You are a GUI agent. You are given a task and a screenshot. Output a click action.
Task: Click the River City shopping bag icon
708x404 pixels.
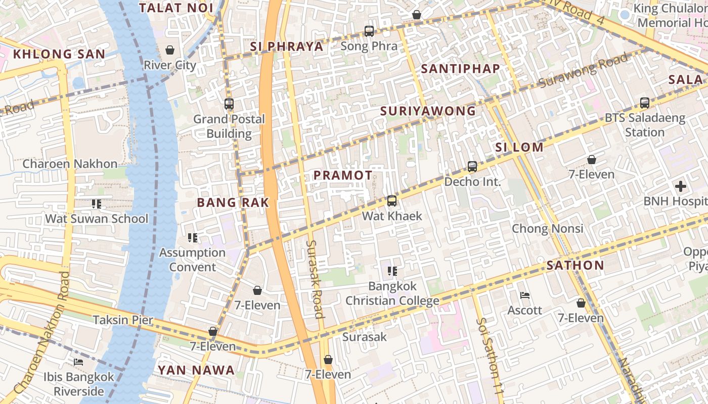tap(170, 50)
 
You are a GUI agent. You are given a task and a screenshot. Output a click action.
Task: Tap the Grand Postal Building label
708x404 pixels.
tap(229, 126)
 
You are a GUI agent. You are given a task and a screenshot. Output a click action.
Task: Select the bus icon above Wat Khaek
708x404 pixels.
tap(391, 201)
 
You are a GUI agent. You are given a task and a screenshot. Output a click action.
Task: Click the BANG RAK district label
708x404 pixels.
tap(233, 203)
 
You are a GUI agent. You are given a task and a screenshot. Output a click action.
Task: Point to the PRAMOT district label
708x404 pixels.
tap(343, 175)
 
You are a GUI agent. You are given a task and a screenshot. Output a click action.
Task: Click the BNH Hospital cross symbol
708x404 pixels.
tap(681, 186)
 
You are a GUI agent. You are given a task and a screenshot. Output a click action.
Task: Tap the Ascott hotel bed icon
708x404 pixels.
tap(525, 295)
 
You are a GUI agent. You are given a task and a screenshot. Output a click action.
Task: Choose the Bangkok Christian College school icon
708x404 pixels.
tap(392, 271)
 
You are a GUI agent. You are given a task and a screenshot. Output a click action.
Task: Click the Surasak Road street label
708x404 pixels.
tap(315, 279)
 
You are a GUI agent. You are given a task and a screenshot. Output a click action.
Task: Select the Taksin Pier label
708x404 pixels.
tap(123, 320)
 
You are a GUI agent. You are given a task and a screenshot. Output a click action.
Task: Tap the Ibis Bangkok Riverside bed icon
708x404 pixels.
tap(78, 362)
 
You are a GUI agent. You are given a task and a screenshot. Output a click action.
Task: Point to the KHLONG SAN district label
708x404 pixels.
tap(59, 54)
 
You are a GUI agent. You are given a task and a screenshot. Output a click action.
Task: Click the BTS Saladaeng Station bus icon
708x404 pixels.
tap(645, 103)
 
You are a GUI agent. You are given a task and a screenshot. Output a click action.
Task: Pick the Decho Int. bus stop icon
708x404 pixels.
tap(472, 166)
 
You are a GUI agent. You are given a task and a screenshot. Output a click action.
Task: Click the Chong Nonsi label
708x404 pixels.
tap(548, 228)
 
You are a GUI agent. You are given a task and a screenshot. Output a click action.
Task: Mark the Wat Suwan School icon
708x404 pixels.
tap(96, 204)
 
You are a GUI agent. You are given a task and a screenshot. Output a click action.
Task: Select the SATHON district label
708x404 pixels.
tap(576, 265)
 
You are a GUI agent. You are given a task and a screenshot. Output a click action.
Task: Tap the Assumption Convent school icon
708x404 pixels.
tap(192, 237)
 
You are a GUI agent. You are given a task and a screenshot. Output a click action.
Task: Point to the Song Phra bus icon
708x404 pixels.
tap(369, 31)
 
